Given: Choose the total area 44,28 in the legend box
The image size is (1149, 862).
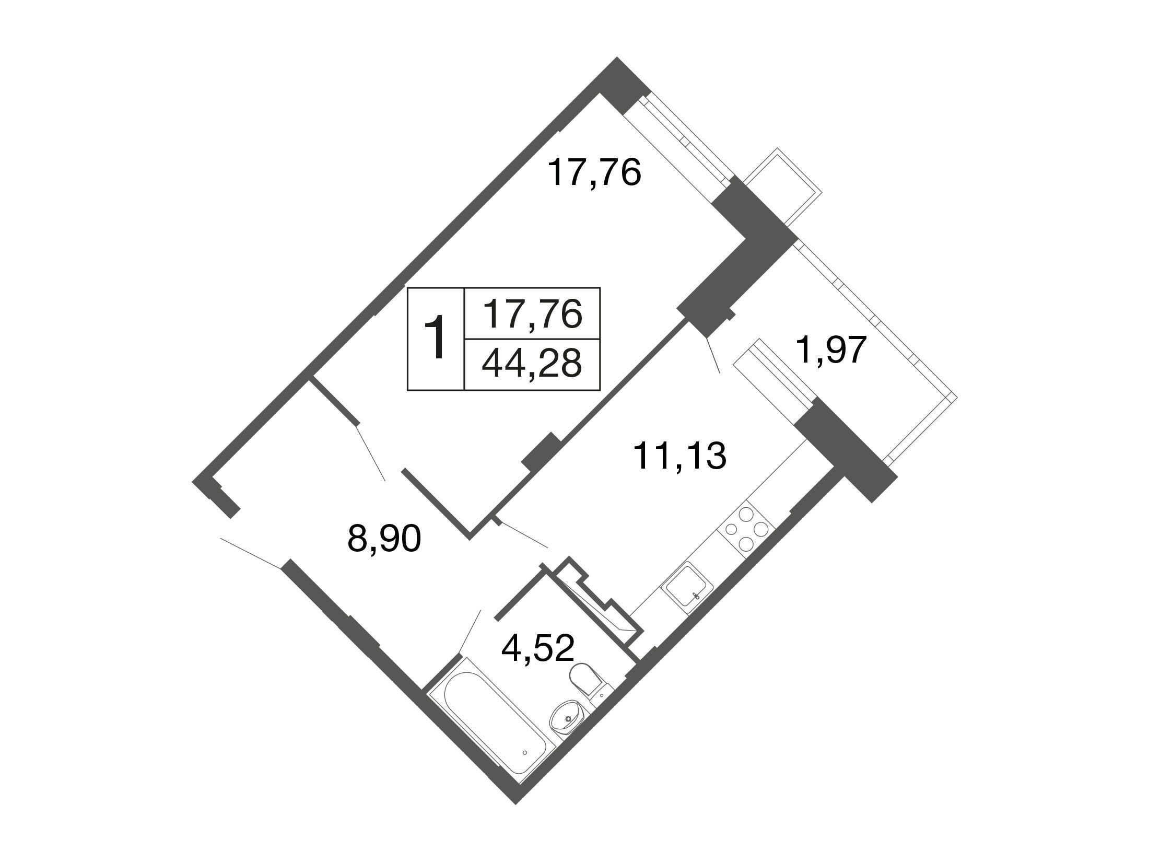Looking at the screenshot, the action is pos(532,364).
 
